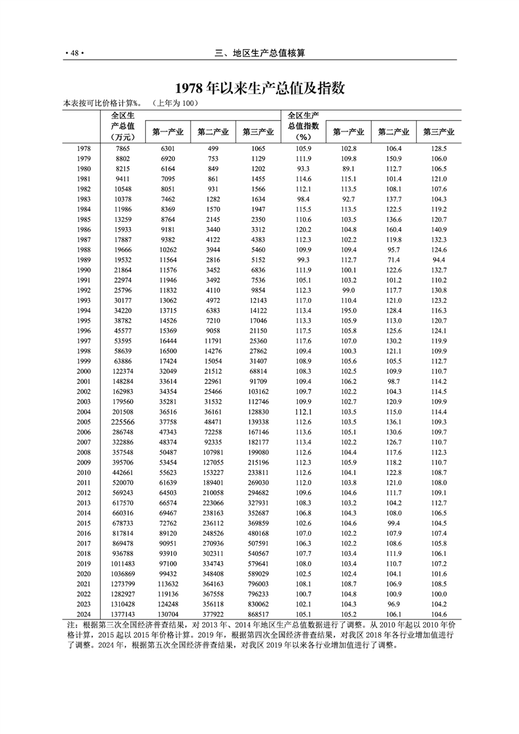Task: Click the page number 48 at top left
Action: [x=75, y=54]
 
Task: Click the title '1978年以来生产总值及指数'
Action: [x=259, y=88]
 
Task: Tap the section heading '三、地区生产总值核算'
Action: [x=259, y=54]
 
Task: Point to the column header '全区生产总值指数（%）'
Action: [x=302, y=126]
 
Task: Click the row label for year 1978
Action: [x=83, y=149]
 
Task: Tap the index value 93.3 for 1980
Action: [x=303, y=168]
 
